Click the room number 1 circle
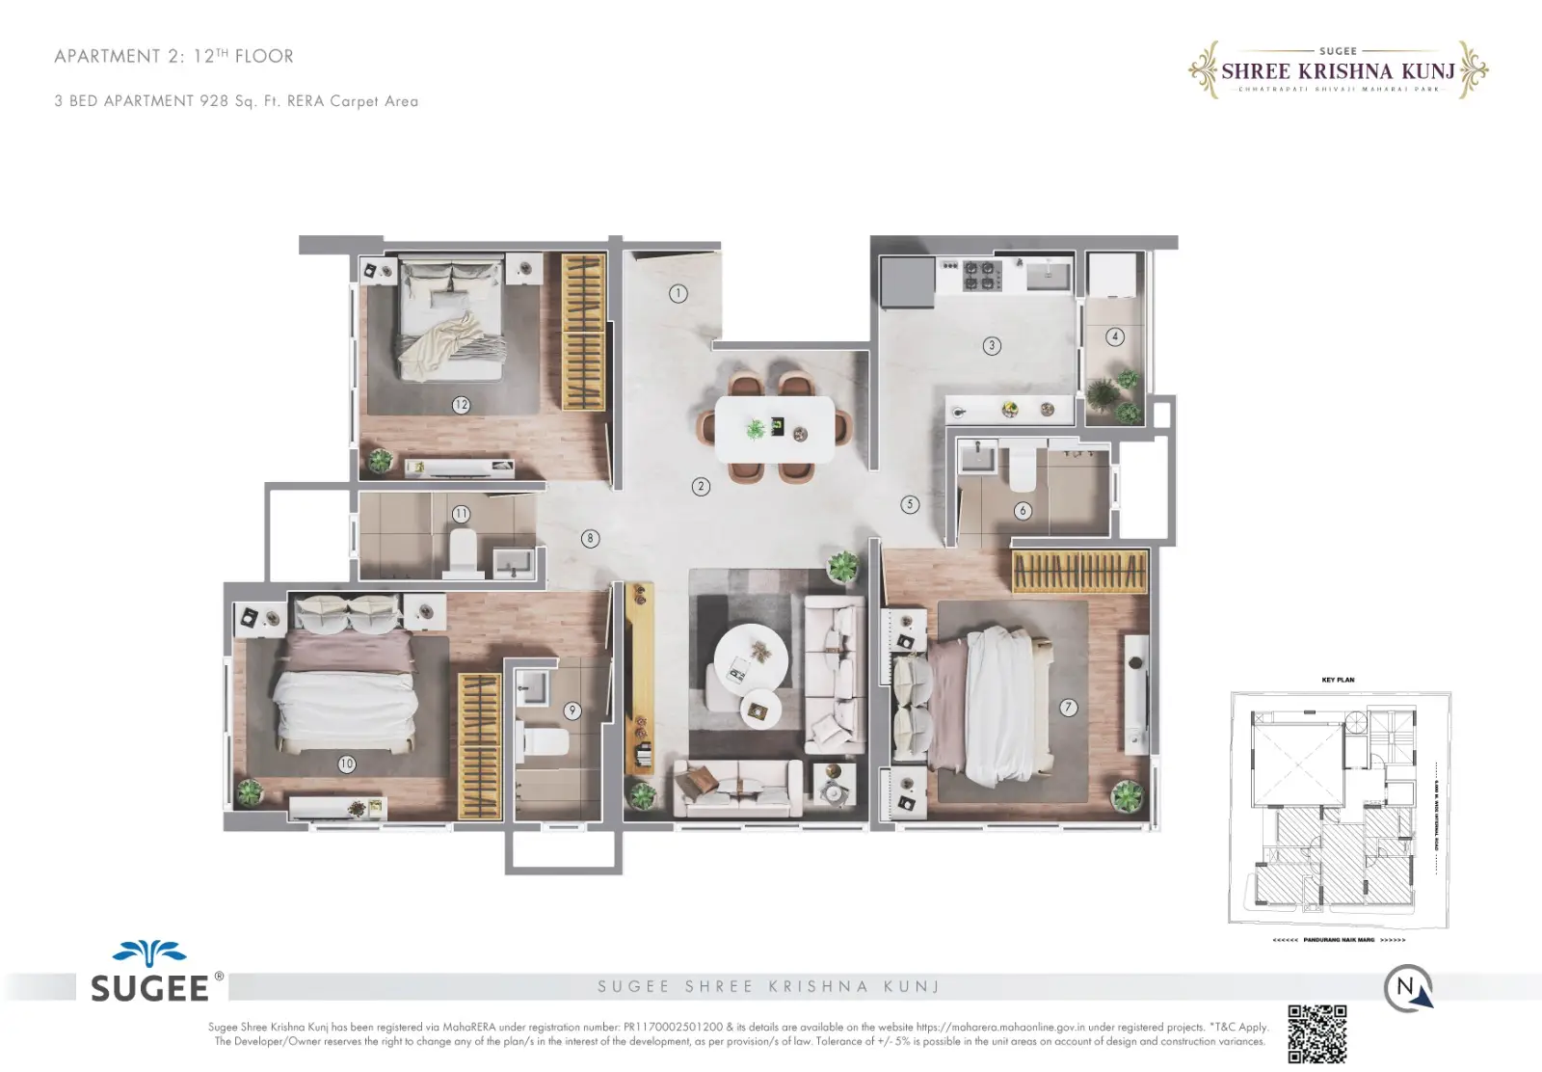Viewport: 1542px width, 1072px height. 678,293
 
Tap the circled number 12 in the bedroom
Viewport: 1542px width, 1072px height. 461,405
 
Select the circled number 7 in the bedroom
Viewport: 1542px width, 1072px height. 1068,708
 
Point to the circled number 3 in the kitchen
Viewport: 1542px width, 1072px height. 992,345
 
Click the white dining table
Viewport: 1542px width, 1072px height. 775,430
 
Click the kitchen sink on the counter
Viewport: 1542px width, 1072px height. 1048,275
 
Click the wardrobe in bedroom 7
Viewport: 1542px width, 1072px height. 1079,572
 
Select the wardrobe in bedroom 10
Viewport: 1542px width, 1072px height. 479,745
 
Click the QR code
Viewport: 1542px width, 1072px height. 1316,1033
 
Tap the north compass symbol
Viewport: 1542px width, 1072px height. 1408,988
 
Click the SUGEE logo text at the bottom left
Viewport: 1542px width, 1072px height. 149,988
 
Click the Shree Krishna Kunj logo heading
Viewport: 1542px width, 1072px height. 1338,71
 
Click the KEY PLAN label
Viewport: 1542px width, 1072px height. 1338,680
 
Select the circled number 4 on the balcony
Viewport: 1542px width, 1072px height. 1115,336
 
